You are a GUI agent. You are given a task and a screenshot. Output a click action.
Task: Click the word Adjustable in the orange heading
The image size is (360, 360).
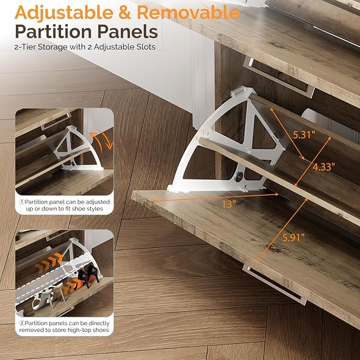pyautogui.click(x=64, y=13)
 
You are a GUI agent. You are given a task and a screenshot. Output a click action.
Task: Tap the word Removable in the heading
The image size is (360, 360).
pyautogui.click(x=188, y=12)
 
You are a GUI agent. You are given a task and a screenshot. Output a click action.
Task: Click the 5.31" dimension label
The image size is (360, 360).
pyautogui.click(x=304, y=135)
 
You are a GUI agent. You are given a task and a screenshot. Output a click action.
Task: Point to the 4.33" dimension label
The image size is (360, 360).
pyautogui.click(x=323, y=167)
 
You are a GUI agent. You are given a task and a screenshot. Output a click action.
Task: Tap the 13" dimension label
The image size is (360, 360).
pyautogui.click(x=229, y=204)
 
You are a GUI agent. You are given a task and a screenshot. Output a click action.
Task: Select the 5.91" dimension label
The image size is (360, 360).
pyautogui.click(x=293, y=238)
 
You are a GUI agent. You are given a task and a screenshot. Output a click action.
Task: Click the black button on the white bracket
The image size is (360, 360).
pyautogui.click(x=239, y=177)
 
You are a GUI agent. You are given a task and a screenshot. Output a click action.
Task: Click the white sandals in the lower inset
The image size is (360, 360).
pyautogui.click(x=48, y=296)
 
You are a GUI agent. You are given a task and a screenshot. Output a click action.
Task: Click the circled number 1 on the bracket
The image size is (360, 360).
pyautogui.click(x=204, y=132)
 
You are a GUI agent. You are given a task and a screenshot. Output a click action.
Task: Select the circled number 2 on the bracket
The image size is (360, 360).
pyautogui.click(x=197, y=138)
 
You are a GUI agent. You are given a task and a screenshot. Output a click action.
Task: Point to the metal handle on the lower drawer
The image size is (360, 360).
pyautogui.click(x=275, y=285)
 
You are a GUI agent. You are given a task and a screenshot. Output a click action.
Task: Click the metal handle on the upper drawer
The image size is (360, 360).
pyautogui.click(x=278, y=77)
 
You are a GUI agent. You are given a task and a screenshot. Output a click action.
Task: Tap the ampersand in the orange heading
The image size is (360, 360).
pyautogui.click(x=125, y=13)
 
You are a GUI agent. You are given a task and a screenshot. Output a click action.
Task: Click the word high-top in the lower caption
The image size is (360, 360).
pyautogui.click(x=81, y=330)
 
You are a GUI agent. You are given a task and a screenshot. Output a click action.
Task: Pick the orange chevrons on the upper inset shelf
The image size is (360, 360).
pyautogui.click(x=48, y=262)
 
